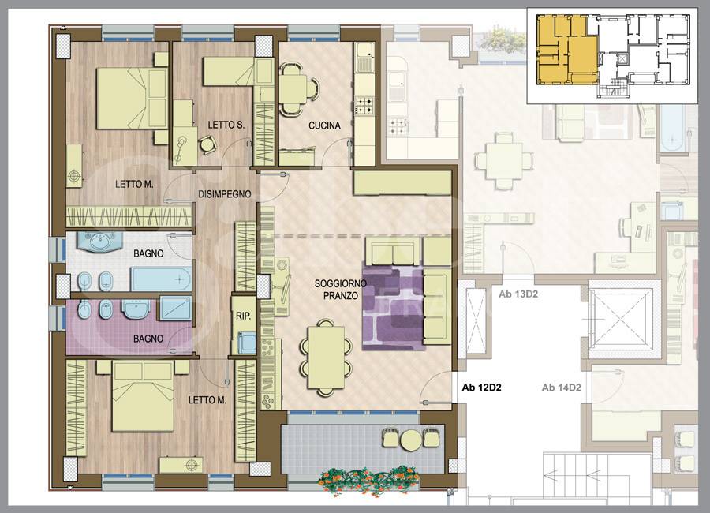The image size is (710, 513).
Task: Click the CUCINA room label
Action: click(324, 125)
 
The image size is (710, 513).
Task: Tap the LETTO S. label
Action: click(226, 125)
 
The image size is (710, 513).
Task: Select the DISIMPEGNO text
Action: click(225, 194)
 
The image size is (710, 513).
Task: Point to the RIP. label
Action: click(243, 316)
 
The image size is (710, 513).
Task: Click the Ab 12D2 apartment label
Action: click(481, 388)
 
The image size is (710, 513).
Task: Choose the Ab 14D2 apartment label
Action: click(561, 388)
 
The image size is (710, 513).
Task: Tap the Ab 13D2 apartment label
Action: click(518, 294)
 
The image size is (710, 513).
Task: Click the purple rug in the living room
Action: click(393, 308)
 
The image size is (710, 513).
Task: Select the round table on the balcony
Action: click(411, 439)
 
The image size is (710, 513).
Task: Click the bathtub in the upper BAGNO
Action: click(161, 279)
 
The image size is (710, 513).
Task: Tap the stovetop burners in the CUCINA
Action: click(364, 106)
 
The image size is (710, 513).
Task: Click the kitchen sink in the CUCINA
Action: click(364, 58)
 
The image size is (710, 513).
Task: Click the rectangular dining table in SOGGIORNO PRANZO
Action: click(326, 358)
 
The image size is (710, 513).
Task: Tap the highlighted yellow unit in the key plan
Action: click(566, 50)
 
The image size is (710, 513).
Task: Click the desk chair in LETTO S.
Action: click(207, 145)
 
